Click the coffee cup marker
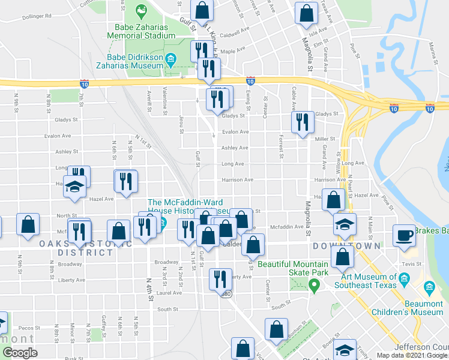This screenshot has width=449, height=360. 405,235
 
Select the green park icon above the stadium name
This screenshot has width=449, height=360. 141,10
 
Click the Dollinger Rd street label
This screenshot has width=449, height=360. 37,16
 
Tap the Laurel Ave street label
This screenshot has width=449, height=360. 169,293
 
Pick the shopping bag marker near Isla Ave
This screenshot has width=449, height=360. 307,13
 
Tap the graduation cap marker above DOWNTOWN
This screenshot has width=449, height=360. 345,225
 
